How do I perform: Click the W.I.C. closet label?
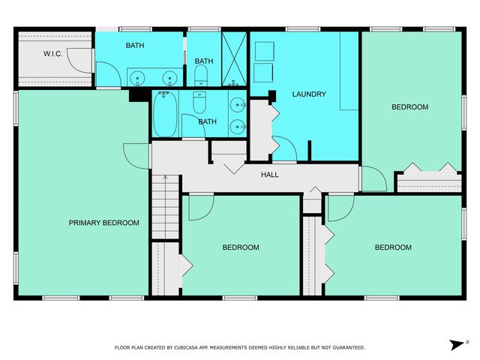point(52,53)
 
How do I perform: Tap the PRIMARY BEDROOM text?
point(104,223)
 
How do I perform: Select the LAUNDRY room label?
point(309,94)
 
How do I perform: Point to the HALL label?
point(269,175)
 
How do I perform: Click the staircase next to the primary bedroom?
point(165,207)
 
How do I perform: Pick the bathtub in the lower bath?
point(166,114)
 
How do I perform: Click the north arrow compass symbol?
point(457,344)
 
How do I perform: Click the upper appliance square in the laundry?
point(263,51)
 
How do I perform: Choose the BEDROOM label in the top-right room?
point(410,107)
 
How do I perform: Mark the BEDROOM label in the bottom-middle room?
point(241,247)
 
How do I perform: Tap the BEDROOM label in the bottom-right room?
point(393,247)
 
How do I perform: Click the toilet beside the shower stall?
point(201,74)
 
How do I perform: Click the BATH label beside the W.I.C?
point(135,46)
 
